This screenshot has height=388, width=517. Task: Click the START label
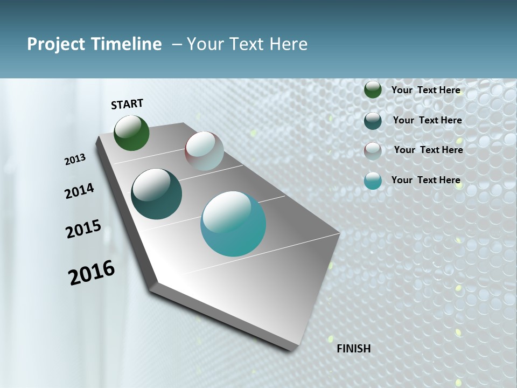coord(127,104)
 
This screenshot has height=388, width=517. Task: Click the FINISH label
coord(353,349)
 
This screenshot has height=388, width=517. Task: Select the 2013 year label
coord(75,160)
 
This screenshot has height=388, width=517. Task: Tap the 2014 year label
coord(79,191)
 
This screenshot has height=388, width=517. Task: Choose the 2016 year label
coord(92,273)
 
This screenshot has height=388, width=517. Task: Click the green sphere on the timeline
coord(131,133)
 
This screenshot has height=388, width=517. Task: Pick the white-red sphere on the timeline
coord(204,151)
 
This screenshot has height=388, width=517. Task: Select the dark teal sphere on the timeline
coord(156,194)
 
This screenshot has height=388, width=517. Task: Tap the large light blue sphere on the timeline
coord(233,224)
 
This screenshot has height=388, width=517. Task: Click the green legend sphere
coord(373,90)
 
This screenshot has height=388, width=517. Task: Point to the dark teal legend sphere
coord(373,121)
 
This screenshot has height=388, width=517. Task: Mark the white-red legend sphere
coord(373,151)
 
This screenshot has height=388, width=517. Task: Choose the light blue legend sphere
coord(373,181)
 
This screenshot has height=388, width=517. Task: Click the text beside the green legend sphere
coord(425,90)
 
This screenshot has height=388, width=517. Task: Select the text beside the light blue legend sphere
coord(425,180)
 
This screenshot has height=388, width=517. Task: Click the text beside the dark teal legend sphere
coord(427,120)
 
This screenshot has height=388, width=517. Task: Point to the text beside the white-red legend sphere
coord(428,150)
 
